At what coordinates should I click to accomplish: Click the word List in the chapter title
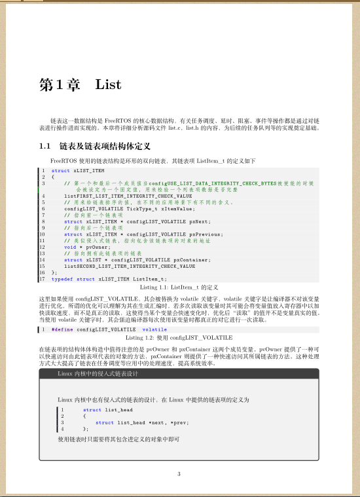[x=109, y=84]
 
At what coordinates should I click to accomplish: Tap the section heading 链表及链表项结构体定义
[x=105, y=145]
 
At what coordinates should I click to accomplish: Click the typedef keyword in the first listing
[x=62, y=279]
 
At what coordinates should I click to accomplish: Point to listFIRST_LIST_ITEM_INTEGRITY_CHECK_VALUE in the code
[x=128, y=195]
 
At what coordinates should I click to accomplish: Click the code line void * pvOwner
[x=87, y=247]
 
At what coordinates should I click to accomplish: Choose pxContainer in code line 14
[x=209, y=260]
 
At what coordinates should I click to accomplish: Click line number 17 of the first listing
[x=42, y=279]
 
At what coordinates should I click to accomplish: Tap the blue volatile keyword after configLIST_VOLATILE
[x=154, y=329]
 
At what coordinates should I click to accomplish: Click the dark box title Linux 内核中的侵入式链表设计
[x=98, y=373]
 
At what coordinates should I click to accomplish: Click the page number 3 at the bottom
[x=179, y=474]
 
